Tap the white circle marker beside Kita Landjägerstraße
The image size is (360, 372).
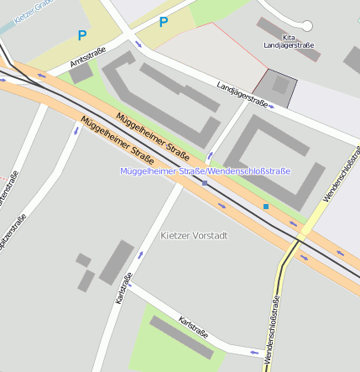pyautogui.click(x=307, y=26)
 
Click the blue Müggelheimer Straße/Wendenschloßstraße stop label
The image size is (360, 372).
pyautogui.click(x=205, y=171)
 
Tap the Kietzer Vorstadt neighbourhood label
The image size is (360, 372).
pyautogui.click(x=193, y=236)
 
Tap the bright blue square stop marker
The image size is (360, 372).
pyautogui.click(x=266, y=206)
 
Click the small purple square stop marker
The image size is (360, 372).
pyautogui.click(x=204, y=182)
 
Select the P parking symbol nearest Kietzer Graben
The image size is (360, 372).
pyautogui.click(x=81, y=35)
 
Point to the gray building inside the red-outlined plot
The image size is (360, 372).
pyautogui.click(x=280, y=85)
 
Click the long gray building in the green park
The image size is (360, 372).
pyautogui.click(x=182, y=337)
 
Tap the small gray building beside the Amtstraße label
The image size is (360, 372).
pyautogui.click(x=81, y=74)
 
